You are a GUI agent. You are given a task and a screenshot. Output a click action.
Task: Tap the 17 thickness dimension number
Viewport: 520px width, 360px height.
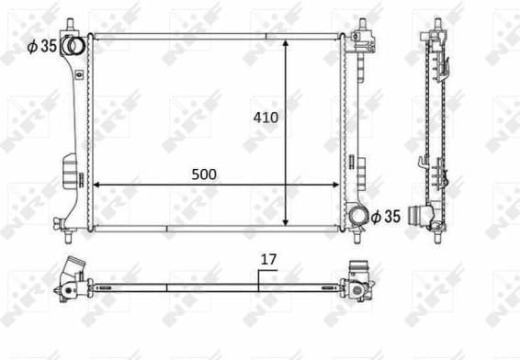point(267,260)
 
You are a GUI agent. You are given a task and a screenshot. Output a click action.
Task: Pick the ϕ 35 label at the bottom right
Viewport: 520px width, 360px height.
point(387,216)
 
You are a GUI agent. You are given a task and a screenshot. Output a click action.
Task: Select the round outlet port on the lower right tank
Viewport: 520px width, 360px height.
point(356,216)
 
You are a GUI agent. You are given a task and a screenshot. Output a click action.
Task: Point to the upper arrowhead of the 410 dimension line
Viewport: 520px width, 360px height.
point(287,44)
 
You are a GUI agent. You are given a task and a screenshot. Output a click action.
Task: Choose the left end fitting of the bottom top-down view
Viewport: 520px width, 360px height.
point(72,278)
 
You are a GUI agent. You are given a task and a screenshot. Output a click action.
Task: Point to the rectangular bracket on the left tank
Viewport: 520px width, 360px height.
point(70,172)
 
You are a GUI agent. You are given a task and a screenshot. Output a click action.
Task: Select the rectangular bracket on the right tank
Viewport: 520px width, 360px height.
point(365,170)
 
